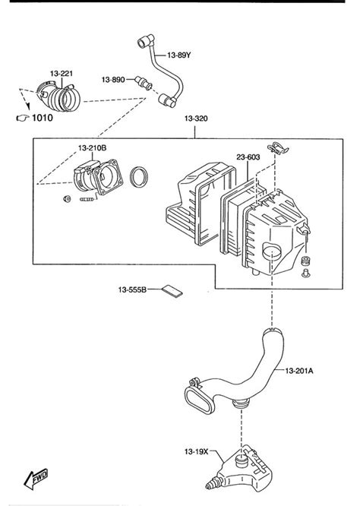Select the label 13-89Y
(x=181, y=55)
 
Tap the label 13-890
(x=114, y=78)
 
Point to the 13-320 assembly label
(x=194, y=119)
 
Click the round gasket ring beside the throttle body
(x=140, y=179)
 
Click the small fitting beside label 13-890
(x=141, y=81)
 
